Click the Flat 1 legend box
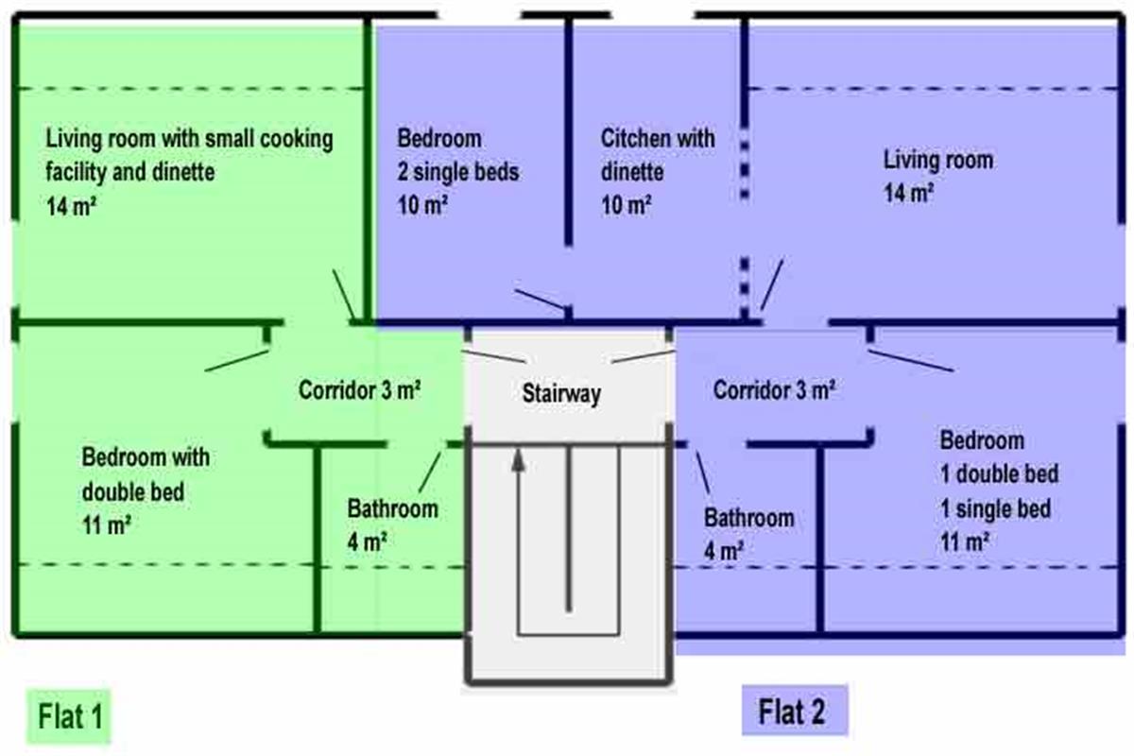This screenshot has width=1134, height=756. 70,716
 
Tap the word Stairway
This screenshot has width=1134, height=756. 561,394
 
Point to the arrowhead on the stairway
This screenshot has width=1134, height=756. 517,461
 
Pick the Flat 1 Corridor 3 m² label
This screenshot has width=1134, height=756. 360,389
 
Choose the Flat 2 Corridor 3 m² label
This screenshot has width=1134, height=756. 774,389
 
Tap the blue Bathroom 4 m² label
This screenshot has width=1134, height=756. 748,533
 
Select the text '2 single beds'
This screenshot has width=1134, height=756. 458,173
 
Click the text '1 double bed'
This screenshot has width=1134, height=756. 999,474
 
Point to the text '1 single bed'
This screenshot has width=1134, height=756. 995,508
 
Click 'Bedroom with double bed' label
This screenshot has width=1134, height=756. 146,474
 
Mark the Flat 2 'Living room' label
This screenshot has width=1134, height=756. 937,159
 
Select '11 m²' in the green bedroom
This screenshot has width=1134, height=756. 106,526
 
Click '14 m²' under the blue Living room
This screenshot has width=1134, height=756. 908,192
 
